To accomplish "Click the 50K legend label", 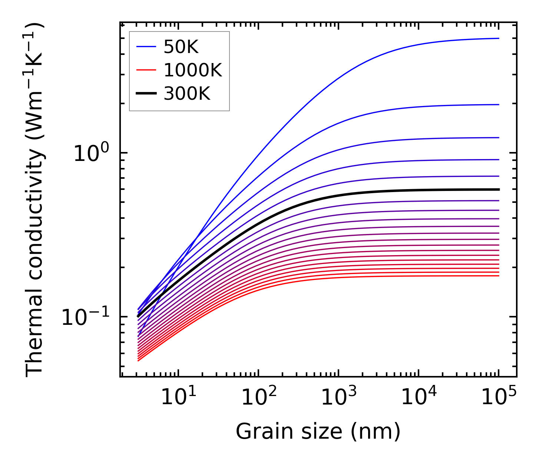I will pyautogui.click(x=181, y=47).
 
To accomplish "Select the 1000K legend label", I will pyautogui.click(x=193, y=70).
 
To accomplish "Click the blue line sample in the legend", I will pyautogui.click(x=146, y=47).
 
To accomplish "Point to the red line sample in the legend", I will pyautogui.click(x=146, y=70).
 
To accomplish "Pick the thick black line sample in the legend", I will pyautogui.click(x=146, y=94).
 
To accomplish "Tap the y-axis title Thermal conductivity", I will pyautogui.click(x=35, y=200).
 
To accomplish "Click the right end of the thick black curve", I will pyautogui.click(x=499, y=189).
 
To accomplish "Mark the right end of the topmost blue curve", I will pyautogui.click(x=499, y=38).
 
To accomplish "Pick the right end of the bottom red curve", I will pyautogui.click(x=499, y=276).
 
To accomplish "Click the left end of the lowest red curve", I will pyautogui.click(x=138, y=360).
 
